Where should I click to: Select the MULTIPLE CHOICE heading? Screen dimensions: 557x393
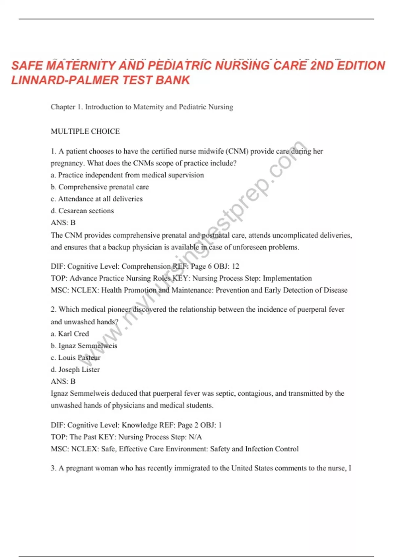pyautogui.click(x=85, y=131)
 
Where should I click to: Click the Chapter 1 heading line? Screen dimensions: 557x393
pyautogui.click(x=142, y=107)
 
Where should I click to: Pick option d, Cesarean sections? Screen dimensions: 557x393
pyautogui.click(x=82, y=211)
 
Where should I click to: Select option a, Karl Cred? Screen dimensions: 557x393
pyautogui.click(x=70, y=334)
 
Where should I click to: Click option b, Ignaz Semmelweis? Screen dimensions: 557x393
pyautogui.click(x=84, y=346)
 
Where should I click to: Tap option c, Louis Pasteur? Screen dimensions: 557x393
pyautogui.click(x=76, y=357)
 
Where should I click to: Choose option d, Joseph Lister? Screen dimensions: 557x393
pyautogui.click(x=75, y=369)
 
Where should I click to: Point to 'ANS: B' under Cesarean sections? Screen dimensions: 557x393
pyautogui.click(x=63, y=222)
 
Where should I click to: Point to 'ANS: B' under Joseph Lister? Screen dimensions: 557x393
pyautogui.click(x=63, y=381)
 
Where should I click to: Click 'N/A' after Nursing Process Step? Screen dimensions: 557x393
pyautogui.click(x=195, y=437)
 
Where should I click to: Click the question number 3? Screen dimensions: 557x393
pyautogui.click(x=53, y=468)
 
